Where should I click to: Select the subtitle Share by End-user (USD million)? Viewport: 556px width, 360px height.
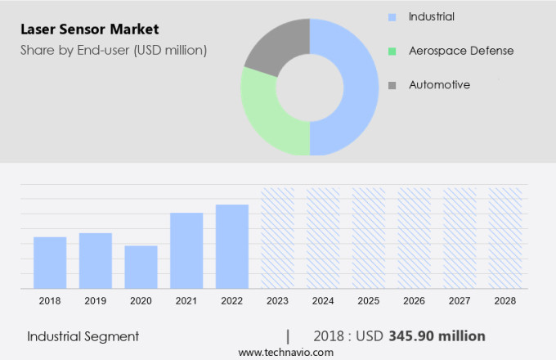point(114,50)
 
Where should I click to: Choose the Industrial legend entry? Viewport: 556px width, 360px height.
point(432,17)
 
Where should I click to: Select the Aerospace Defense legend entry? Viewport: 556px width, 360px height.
point(461,51)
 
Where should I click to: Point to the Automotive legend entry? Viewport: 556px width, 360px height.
point(440,84)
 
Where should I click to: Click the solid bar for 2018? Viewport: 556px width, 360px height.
point(50,262)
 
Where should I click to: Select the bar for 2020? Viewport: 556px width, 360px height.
point(141,267)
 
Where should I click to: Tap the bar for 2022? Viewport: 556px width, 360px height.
point(232,245)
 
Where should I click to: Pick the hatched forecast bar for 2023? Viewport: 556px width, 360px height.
point(277,237)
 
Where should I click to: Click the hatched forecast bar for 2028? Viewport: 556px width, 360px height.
point(505,237)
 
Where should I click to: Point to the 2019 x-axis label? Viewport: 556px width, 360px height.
point(96,301)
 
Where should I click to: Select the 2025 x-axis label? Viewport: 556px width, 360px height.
point(369,301)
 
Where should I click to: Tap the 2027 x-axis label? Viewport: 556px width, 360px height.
point(460,301)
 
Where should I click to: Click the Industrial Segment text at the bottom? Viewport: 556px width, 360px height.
point(83,336)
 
